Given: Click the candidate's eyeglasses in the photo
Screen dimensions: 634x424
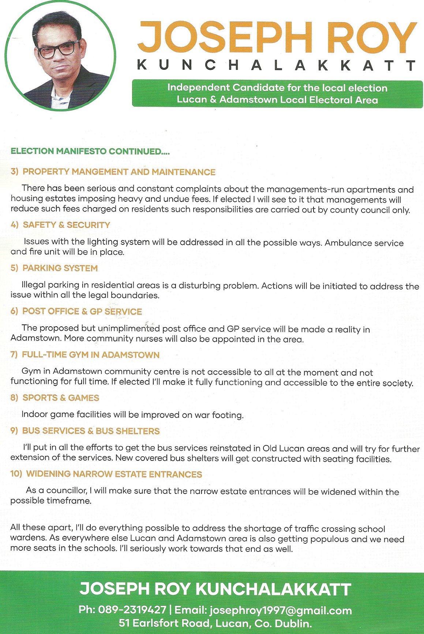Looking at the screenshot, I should tap(57, 50).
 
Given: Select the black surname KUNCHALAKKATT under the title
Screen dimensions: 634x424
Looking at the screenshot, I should tap(277, 65).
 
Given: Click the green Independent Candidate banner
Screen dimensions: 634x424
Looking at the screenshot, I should tap(277, 94).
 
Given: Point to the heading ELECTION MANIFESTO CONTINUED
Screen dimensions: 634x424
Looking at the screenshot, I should tap(90, 151).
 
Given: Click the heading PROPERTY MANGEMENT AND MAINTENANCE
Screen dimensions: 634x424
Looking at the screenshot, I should tap(119, 172).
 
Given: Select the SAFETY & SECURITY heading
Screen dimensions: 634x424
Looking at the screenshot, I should tap(66, 225).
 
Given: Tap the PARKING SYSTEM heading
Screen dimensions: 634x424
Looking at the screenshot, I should tap(60, 268).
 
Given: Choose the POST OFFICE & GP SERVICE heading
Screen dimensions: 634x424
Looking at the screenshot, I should tap(82, 311).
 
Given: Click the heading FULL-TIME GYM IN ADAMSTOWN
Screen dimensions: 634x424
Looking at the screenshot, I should tap(90, 355).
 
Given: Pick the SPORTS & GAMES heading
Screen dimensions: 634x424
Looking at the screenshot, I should tap(61, 398).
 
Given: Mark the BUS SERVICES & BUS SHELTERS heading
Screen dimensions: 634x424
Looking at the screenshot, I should tap(91, 431).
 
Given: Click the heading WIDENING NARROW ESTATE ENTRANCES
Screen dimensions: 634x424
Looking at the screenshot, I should tap(114, 474).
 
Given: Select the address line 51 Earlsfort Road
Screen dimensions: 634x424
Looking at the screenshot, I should tap(215, 623).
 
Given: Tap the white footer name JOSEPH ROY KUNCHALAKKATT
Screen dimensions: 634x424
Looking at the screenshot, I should tap(215, 589).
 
